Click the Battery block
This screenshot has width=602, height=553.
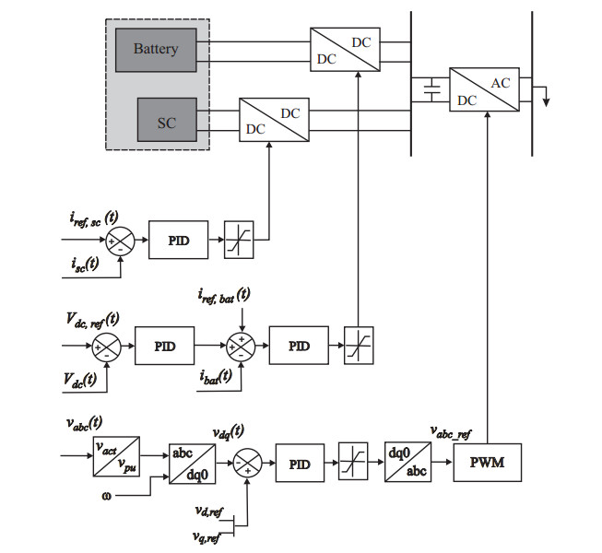pyautogui.click(x=155, y=48)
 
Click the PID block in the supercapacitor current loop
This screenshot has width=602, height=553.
pyautogui.click(x=179, y=240)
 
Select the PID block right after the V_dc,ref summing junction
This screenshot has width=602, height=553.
pyautogui.click(x=167, y=347)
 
